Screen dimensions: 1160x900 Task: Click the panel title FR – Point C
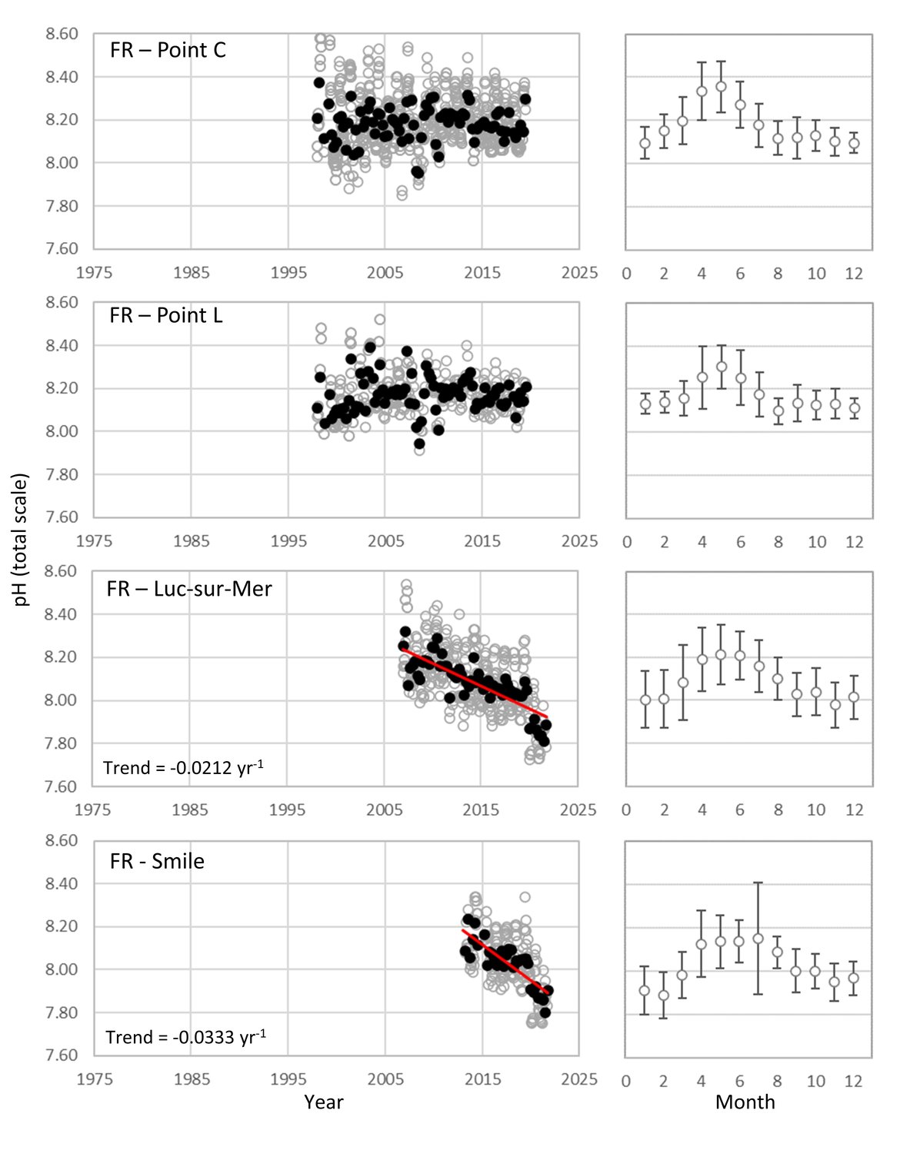[x=168, y=52]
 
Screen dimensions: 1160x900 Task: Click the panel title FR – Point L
[x=166, y=316]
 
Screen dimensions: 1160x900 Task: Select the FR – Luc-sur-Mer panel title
[x=189, y=590]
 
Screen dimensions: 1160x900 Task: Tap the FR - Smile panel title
[x=157, y=861]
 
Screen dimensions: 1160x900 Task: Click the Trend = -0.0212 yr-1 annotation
[x=183, y=768]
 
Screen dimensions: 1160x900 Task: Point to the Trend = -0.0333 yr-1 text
[x=185, y=1037]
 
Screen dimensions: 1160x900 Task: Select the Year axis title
[x=323, y=1102]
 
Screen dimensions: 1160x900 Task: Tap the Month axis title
[x=745, y=1102]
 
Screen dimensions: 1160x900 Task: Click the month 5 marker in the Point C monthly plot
[x=721, y=86]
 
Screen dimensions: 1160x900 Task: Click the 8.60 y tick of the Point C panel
[x=62, y=34]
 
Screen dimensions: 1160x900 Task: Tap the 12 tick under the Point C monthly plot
[x=854, y=274]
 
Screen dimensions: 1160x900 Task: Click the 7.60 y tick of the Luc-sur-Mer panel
[x=62, y=786]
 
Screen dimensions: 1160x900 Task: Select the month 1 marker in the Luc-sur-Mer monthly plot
[x=645, y=700]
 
